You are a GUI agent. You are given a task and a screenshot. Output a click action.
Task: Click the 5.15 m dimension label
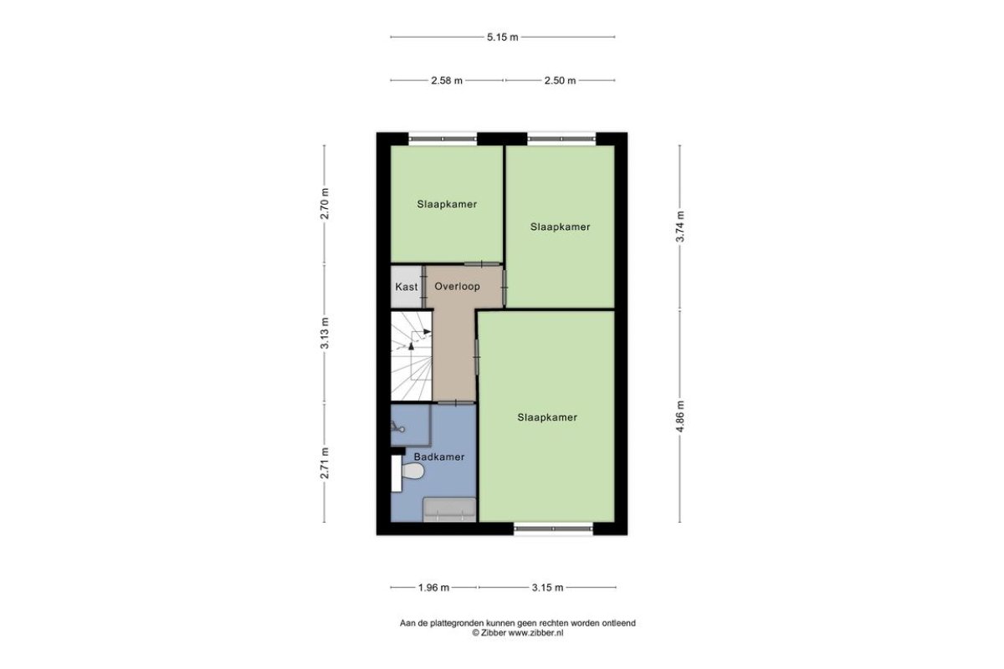point(503,37)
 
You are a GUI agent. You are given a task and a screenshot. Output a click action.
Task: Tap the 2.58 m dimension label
point(447,80)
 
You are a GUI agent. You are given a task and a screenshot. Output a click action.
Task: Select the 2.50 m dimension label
point(560,80)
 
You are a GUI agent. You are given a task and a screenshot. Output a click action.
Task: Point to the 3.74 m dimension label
point(680,227)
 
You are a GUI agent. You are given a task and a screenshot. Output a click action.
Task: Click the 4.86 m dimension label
point(680,416)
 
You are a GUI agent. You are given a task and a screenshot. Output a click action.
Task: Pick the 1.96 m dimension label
point(433,587)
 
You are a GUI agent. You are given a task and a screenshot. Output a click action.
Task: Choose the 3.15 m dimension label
point(547,587)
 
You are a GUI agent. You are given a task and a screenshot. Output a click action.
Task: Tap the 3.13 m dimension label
point(325,333)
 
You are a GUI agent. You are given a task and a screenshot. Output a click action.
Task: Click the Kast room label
point(406,287)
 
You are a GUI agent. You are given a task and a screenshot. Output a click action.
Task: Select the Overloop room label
point(457,286)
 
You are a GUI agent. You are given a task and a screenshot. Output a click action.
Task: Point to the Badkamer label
point(438,457)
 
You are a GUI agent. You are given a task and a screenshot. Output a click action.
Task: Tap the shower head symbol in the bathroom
point(397,426)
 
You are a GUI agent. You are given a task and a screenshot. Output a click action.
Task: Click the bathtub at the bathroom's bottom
point(449,509)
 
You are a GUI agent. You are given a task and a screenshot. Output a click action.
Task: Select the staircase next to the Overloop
point(412,355)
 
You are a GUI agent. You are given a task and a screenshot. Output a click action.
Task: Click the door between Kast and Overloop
point(423,287)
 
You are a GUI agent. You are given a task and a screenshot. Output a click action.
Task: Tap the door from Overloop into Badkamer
point(456,403)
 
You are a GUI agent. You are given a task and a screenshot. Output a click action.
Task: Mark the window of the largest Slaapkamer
point(553,529)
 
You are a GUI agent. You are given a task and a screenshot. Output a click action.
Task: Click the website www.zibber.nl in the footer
point(535,633)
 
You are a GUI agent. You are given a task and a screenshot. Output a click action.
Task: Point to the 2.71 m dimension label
point(325,463)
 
